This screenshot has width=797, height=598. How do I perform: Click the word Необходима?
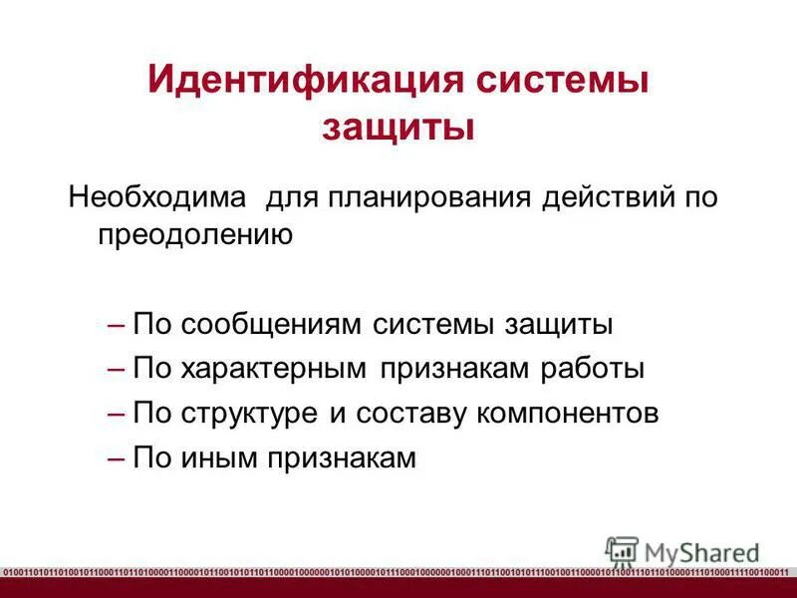(x=156, y=195)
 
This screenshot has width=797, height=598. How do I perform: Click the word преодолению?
(x=195, y=235)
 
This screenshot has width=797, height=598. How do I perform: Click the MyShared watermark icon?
(x=622, y=550)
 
